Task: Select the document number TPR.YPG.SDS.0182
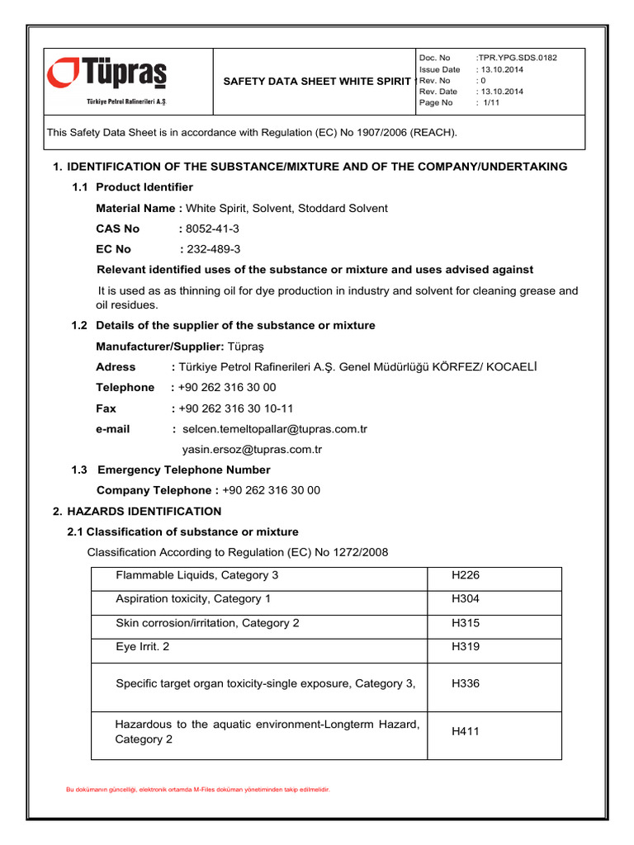[518, 58]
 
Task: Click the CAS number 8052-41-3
[214, 229]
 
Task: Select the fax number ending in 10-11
[235, 408]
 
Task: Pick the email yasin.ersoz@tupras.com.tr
[252, 450]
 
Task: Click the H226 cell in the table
[466, 575]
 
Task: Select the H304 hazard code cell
[466, 599]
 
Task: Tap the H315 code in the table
[466, 623]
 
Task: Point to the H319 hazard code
[466, 647]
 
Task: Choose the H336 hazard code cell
[466, 683]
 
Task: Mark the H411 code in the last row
[466, 731]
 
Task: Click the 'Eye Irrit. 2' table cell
[143, 647]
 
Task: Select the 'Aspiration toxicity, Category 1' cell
[193, 599]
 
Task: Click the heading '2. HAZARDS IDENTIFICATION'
[137, 512]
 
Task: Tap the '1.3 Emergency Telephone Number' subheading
[183, 470]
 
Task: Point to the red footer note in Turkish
[198, 790]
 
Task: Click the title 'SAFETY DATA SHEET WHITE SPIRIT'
[317, 81]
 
